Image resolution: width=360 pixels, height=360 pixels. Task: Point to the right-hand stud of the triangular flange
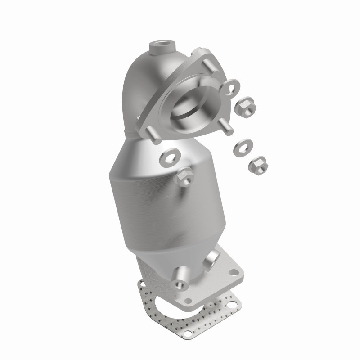(x=229, y=126)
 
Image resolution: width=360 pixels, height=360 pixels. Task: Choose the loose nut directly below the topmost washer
(x=247, y=105)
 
